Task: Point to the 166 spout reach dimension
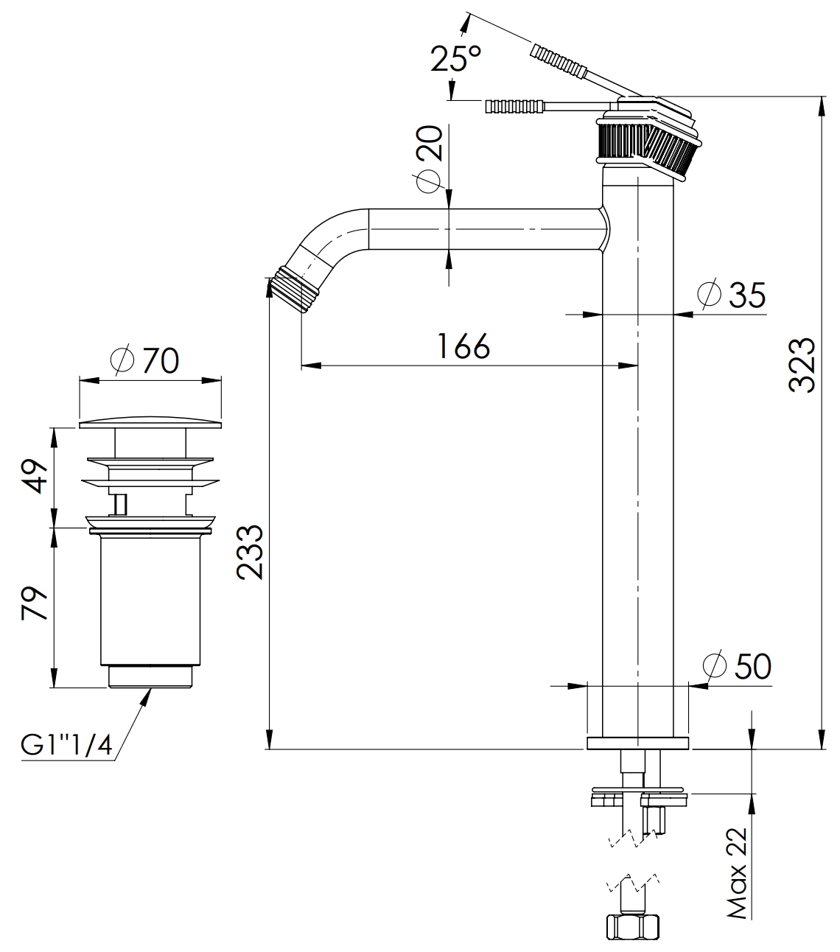click(463, 346)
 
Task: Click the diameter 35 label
click(734, 295)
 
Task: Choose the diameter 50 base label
click(737, 666)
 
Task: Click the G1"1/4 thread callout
click(66, 746)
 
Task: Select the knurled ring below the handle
click(647, 146)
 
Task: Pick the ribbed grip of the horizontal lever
click(513, 106)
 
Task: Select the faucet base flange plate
click(637, 742)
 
